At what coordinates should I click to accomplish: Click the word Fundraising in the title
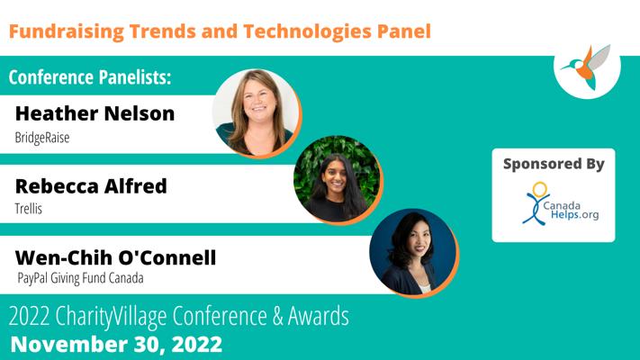tap(66, 31)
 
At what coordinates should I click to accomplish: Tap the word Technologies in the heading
tap(307, 31)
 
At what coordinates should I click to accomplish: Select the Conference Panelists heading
tap(90, 76)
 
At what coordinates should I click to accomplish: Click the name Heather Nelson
tap(95, 113)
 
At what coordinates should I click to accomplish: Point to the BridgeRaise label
tap(42, 138)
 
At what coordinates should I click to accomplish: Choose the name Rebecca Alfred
tap(91, 186)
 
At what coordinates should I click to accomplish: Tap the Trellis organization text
tap(29, 209)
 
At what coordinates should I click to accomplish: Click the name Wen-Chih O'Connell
tap(115, 257)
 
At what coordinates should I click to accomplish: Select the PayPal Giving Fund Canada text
tap(80, 278)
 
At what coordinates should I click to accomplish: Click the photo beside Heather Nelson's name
tap(257, 113)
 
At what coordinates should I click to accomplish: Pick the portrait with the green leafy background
tap(338, 180)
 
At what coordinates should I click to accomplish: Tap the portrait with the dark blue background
tap(414, 253)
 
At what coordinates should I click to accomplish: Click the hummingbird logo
tap(587, 67)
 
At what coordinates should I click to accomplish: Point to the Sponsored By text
tap(554, 164)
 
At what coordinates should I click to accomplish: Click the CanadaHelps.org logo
tap(561, 203)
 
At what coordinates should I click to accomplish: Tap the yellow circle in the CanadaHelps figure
tap(539, 190)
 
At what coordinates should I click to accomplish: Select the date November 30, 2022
tap(116, 344)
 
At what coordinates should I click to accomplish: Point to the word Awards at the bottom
tap(319, 316)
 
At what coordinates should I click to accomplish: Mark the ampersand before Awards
tap(277, 316)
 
